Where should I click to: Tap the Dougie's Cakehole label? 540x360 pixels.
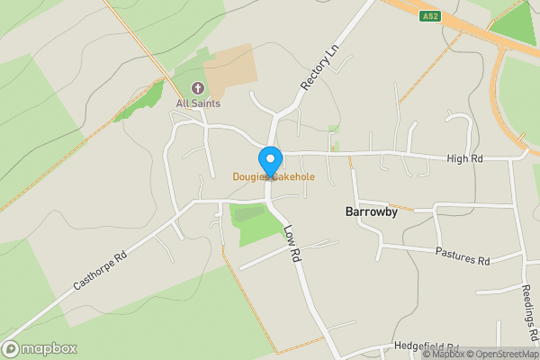[274, 177]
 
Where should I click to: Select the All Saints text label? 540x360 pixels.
[198, 103]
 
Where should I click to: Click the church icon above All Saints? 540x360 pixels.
[198, 88]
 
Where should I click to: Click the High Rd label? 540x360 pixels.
[465, 158]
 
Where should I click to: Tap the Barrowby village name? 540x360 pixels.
[372, 212]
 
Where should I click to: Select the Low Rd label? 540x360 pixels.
[292, 243]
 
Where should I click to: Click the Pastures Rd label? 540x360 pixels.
[463, 256]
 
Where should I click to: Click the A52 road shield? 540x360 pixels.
[429, 15]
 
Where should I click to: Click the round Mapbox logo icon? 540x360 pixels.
[11, 348]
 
